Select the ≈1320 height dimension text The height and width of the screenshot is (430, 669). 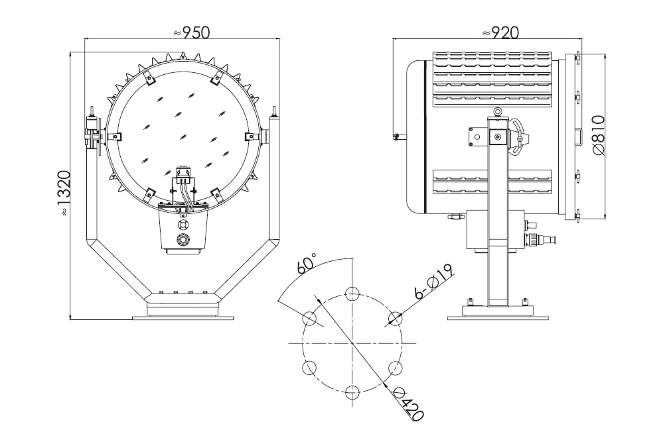[63, 193]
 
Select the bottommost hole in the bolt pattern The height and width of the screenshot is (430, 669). [352, 391]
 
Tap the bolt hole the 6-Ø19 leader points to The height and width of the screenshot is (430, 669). [394, 318]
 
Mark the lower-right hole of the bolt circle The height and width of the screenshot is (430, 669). [394, 367]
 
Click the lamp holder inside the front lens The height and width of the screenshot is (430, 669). [183, 177]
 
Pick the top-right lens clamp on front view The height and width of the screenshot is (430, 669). [215, 79]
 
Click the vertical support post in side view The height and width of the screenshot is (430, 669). [498, 219]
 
